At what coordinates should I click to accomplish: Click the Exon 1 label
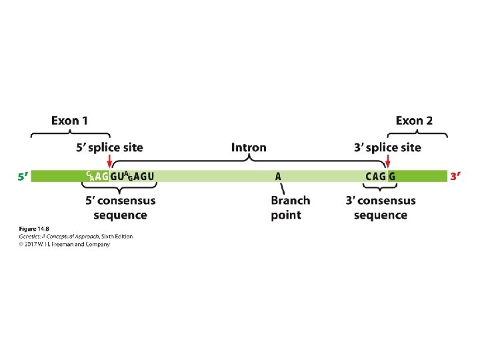(x=69, y=121)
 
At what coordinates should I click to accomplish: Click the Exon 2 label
(x=413, y=121)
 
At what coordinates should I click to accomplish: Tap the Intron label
(x=249, y=147)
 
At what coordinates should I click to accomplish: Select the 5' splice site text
(x=109, y=147)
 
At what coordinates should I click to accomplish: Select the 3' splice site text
(x=387, y=147)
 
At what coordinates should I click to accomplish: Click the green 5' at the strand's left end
(x=23, y=177)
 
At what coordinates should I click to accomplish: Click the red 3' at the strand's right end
(x=456, y=177)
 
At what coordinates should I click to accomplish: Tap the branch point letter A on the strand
(x=278, y=177)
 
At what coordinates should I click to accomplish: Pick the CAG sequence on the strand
(x=375, y=177)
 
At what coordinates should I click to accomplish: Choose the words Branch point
(x=290, y=207)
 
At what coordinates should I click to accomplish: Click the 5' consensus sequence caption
(x=120, y=207)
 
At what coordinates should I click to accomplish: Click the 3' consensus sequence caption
(x=380, y=207)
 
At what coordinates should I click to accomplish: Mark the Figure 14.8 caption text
(x=32, y=229)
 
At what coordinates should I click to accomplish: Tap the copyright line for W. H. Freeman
(x=64, y=244)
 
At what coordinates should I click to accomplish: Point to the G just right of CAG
(x=392, y=177)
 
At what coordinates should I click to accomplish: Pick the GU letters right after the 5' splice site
(x=117, y=177)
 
